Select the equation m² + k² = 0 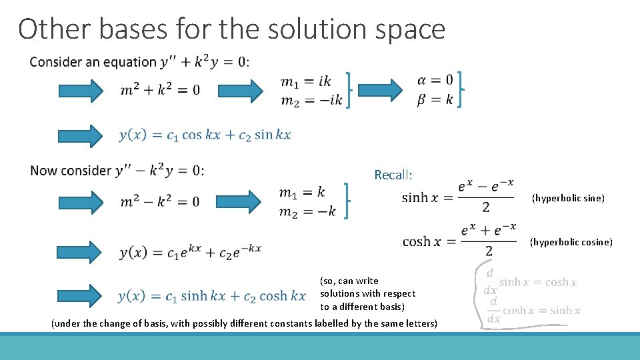point(160,89)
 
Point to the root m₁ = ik point(306,81)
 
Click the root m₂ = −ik point(311,99)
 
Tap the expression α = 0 point(435,81)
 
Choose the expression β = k point(435,99)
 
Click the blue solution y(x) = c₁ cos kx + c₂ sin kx point(205,135)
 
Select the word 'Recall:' point(393,175)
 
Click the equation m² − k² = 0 point(160,201)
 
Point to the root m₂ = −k point(307,211)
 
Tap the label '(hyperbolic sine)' point(568,198)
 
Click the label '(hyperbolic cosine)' point(571,242)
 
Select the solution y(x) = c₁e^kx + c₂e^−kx point(190,252)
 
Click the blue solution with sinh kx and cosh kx point(211,295)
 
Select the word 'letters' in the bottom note point(421,323)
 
